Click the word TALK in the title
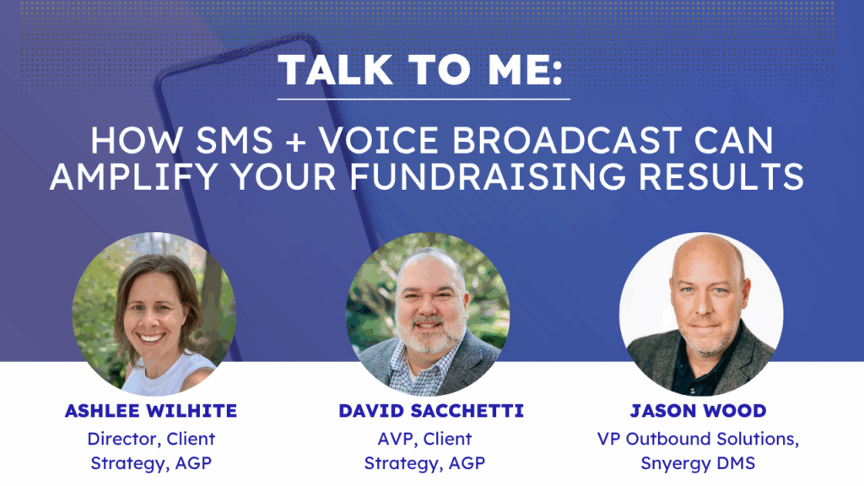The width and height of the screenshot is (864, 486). pos(335,70)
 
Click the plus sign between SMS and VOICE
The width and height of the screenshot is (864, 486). pos(296,142)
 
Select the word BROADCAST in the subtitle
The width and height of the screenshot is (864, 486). pos(567,141)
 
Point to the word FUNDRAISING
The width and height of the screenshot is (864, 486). pos(488,176)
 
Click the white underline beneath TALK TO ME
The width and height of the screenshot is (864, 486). pos(424,100)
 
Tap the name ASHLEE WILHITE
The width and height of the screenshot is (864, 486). pos(151,411)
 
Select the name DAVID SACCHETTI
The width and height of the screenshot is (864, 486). pos(431,411)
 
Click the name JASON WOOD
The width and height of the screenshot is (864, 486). pos(698,411)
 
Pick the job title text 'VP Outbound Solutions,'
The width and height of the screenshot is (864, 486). pos(698,439)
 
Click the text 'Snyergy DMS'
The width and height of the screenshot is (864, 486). pos(698,463)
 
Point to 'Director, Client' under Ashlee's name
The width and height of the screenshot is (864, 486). pos(151,439)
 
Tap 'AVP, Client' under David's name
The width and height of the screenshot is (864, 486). pos(425,439)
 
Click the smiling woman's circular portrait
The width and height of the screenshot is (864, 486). pos(154,314)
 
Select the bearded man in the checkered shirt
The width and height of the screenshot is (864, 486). pos(428,314)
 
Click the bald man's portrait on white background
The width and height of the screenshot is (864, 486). pos(701,314)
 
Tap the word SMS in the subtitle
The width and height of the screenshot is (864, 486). pos(235,141)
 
